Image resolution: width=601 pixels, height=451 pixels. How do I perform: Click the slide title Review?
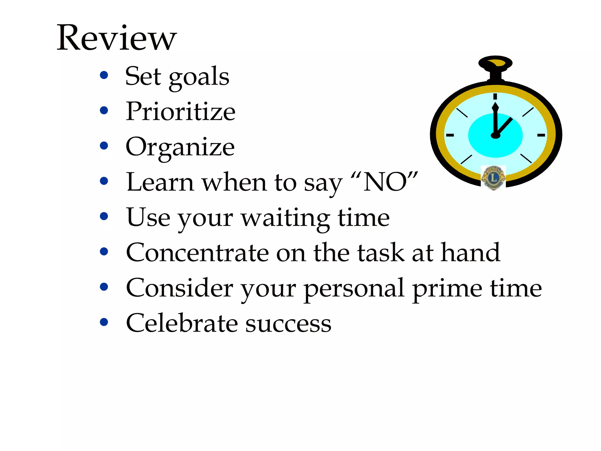117,38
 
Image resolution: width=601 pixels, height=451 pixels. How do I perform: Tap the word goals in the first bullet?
199,77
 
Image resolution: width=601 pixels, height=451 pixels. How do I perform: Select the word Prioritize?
180,112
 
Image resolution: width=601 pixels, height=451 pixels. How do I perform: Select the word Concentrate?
197,253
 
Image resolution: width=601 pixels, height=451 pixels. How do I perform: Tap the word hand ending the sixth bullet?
471,253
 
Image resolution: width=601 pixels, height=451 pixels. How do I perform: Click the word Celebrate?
182,324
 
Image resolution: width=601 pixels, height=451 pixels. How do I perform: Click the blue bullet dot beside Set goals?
104,75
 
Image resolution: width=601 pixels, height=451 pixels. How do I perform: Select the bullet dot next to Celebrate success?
104,322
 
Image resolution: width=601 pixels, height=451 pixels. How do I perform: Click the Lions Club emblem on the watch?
493,177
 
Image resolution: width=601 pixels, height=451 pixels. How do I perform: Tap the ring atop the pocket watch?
495,63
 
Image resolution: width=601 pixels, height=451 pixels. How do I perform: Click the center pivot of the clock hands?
495,135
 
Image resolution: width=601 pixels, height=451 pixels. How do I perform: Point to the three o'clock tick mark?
541,135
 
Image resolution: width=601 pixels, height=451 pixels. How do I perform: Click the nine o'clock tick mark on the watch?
450,135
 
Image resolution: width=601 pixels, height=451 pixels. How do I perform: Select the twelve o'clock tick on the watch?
495,97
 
